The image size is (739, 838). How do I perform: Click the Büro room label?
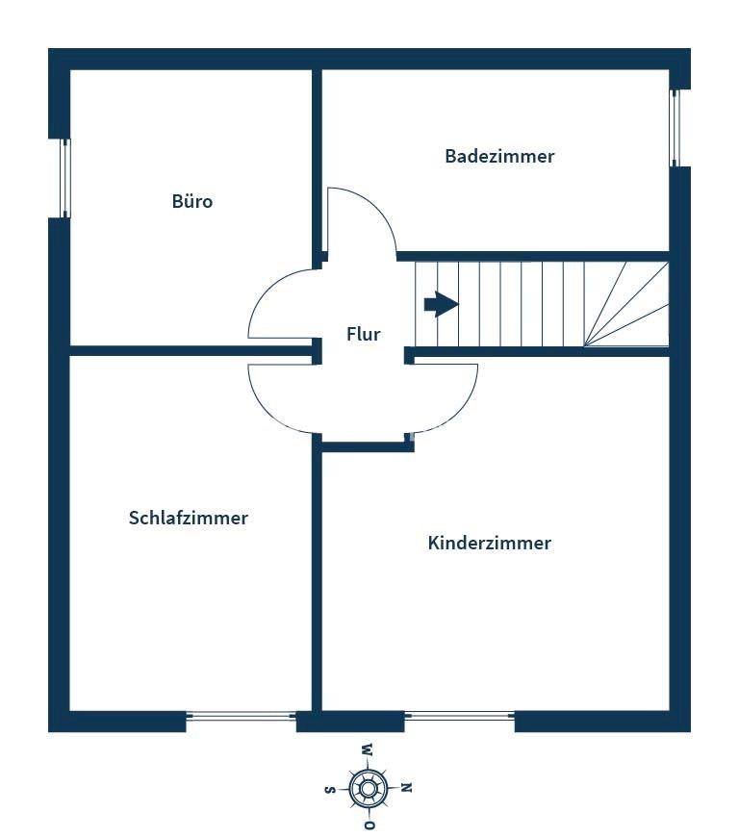coord(192,202)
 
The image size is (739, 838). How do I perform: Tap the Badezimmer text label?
coord(499,156)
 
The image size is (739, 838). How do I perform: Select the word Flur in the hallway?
coord(364,335)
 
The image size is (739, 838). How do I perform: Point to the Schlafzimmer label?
coord(189,518)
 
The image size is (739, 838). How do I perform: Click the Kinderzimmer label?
coord(490,543)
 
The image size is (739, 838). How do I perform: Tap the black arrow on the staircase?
coord(441,304)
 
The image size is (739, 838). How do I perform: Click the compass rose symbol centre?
coord(368,789)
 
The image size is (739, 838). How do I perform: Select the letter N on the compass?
coord(406,788)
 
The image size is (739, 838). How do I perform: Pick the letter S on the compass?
coord(330,789)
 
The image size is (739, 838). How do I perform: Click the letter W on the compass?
coord(368,750)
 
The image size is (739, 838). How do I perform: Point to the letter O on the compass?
coord(368,825)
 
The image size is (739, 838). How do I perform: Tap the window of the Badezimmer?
coord(675,128)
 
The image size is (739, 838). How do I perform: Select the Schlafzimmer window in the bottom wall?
coord(242,716)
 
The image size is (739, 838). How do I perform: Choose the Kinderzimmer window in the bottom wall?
coord(460,716)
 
